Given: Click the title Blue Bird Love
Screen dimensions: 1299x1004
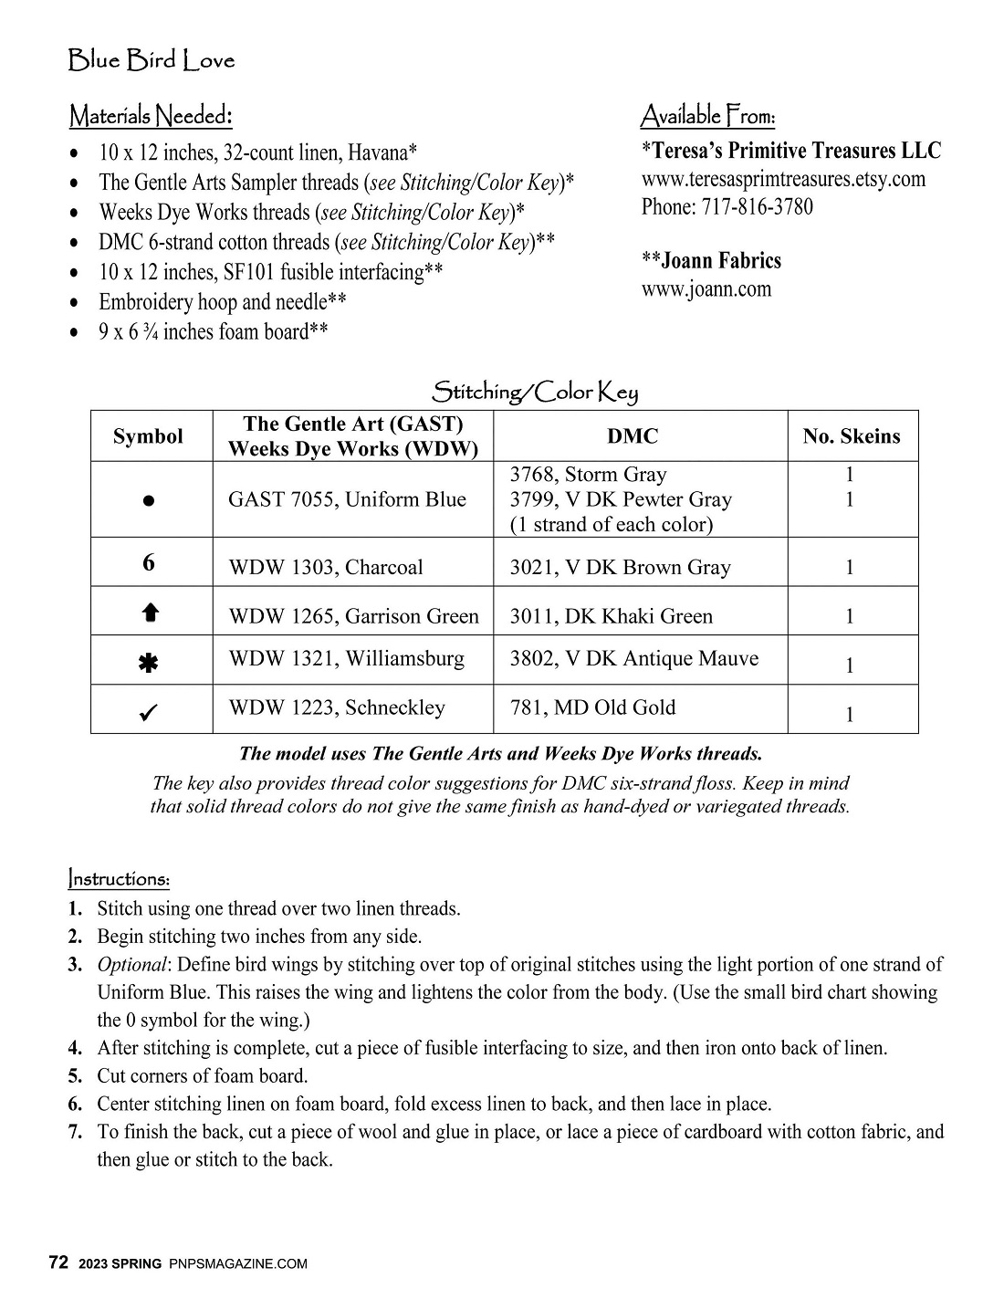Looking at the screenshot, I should click(x=152, y=61).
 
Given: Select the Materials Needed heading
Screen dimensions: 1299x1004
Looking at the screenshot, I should click(x=151, y=116).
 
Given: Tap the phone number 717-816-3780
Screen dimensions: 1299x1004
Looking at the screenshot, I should click(x=757, y=207).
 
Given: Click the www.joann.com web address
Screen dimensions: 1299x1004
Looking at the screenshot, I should click(x=706, y=289).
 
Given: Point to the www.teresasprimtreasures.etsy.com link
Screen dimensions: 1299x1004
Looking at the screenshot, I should click(x=783, y=179).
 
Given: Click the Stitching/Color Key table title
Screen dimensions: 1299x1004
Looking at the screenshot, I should click(x=535, y=393).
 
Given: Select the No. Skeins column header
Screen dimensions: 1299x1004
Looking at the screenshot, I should click(x=851, y=436).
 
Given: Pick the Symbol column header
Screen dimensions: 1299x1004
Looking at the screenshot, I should click(x=148, y=436).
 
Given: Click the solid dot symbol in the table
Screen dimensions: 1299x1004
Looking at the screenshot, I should click(x=149, y=500).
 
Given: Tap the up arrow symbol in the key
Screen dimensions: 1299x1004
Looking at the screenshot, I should click(x=151, y=614).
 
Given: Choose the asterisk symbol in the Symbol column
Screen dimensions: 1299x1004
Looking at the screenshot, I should click(x=147, y=664).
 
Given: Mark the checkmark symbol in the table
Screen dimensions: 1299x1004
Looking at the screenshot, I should click(x=150, y=712).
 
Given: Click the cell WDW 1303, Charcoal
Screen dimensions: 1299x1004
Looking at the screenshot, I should click(x=326, y=568).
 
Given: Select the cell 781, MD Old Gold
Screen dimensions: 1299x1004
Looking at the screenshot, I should click(x=592, y=707).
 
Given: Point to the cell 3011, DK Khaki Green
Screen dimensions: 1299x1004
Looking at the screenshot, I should click(x=611, y=616).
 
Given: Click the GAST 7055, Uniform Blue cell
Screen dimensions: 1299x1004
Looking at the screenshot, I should click(x=347, y=499).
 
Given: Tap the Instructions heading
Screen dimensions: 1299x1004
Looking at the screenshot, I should click(x=119, y=879).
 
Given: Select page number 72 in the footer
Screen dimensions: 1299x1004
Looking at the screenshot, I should click(x=58, y=1263).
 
